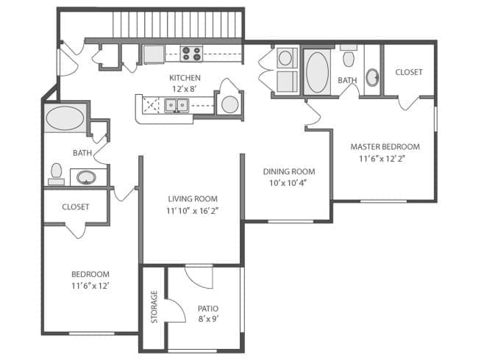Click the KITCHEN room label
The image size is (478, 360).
pyautogui.click(x=185, y=78)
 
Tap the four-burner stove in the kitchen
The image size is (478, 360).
pyautogui.click(x=191, y=54)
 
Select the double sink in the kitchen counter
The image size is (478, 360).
pyautogui.click(x=177, y=106)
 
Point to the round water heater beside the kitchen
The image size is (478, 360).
pyautogui.click(x=229, y=104)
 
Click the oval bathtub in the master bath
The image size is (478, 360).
pyautogui.click(x=317, y=71)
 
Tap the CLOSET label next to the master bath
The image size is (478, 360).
pyautogui.click(x=408, y=72)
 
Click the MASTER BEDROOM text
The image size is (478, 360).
pyautogui.click(x=385, y=146)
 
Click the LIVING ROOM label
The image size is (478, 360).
pyautogui.click(x=193, y=198)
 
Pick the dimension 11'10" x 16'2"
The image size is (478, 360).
pyautogui.click(x=193, y=210)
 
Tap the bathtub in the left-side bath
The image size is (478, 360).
pyautogui.click(x=65, y=118)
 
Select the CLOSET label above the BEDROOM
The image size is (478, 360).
pyautogui.click(x=75, y=207)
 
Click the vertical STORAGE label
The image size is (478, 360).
pyautogui.click(x=154, y=306)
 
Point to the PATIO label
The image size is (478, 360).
pyautogui.click(x=208, y=309)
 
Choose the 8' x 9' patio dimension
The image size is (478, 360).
pyautogui.click(x=208, y=320)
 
